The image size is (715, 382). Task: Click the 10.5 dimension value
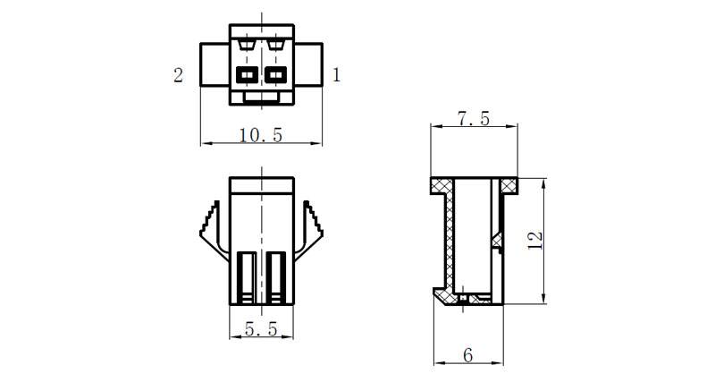pyautogui.click(x=261, y=135)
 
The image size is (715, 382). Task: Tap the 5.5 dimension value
pyautogui.click(x=261, y=328)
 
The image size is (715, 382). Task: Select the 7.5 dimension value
pyautogui.click(x=474, y=119)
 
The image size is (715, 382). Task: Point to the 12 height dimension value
pyautogui.click(x=534, y=241)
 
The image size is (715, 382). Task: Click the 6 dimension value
pyautogui.click(x=467, y=355)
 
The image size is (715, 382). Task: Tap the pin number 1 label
pyautogui.click(x=337, y=75)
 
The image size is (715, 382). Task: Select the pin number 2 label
pyautogui.click(x=178, y=75)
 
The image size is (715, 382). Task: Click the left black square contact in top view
pyautogui.click(x=248, y=74)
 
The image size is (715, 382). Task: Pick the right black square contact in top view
pyautogui.click(x=275, y=74)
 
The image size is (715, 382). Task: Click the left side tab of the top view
pyautogui.click(x=214, y=64)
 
